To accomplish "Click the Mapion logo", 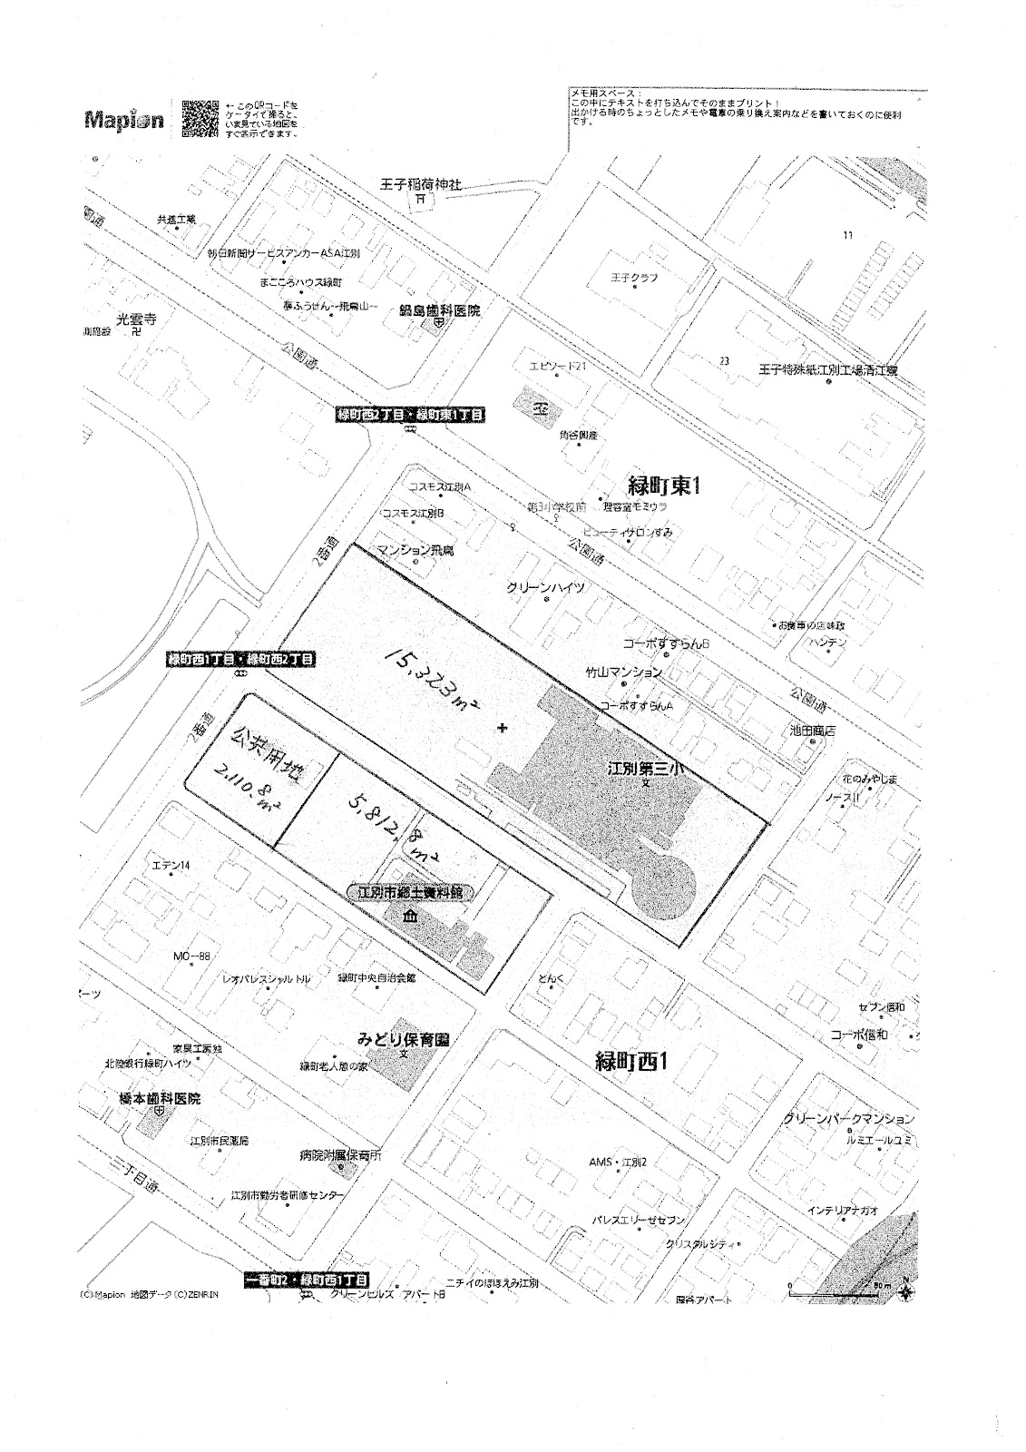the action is click(x=124, y=120).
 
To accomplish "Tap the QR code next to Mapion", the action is click(x=200, y=117).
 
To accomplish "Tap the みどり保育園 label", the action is click(x=404, y=1039).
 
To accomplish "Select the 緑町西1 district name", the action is click(x=631, y=1061).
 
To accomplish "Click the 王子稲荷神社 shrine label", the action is click(x=421, y=185).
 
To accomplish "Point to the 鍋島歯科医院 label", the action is click(x=440, y=310).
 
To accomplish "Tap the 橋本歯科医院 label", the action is click(x=160, y=1098).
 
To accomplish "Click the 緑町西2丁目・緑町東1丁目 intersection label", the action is click(x=410, y=415).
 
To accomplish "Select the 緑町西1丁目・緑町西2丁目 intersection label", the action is click(x=241, y=659).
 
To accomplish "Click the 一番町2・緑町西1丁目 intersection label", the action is click(x=308, y=1280).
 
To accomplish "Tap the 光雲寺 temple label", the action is click(x=137, y=319).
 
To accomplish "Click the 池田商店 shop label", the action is click(x=812, y=730).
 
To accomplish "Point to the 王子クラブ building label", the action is click(x=634, y=278).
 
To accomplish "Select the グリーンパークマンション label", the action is click(x=847, y=1119).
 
